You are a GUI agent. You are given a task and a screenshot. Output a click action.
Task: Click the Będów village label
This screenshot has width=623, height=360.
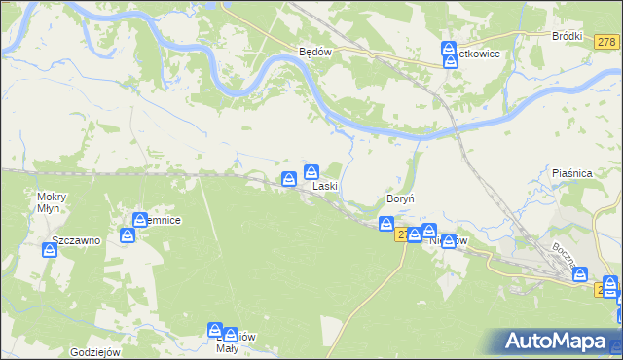pos(316,54)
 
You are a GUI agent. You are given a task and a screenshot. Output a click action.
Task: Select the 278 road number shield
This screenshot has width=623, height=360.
pos(606,42)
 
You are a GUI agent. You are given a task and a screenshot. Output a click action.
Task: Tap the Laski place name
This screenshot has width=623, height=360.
pos(324,186)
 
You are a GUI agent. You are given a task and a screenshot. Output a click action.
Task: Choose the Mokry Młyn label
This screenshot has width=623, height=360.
pos(50,201)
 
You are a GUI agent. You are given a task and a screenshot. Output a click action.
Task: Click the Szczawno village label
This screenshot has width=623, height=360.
pos(77,240)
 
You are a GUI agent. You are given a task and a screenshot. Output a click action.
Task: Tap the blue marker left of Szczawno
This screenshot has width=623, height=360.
pos(50,251)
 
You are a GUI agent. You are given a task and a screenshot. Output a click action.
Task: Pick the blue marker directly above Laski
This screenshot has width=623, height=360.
pos(311,172)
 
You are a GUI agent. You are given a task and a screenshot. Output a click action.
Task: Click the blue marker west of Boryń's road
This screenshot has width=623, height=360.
pos(386,225)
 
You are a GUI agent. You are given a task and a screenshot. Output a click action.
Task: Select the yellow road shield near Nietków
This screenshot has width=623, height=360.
pos(401,234)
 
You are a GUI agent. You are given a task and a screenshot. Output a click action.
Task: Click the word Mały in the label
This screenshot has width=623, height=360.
pos(226,348)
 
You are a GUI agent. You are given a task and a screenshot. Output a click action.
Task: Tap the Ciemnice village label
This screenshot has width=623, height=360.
pos(163,221)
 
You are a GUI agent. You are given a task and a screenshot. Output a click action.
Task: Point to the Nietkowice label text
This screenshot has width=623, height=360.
pos(478,54)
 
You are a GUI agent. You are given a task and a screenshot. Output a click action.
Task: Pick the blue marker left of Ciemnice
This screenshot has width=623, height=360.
pos(128,235)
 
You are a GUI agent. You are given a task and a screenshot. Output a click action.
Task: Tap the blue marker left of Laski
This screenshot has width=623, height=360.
pos(289,178)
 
